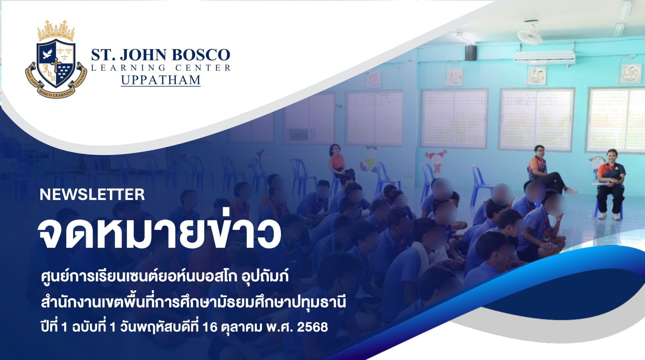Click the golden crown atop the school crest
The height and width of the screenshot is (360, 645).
click(56, 30)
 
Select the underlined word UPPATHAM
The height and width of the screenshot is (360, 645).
click(161, 80)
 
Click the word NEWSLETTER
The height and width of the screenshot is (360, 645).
click(92, 195)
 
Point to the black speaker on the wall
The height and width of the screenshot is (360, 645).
click(470, 53)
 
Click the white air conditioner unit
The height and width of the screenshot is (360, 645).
click(544, 56)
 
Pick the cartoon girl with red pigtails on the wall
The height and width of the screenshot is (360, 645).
click(436, 161)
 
